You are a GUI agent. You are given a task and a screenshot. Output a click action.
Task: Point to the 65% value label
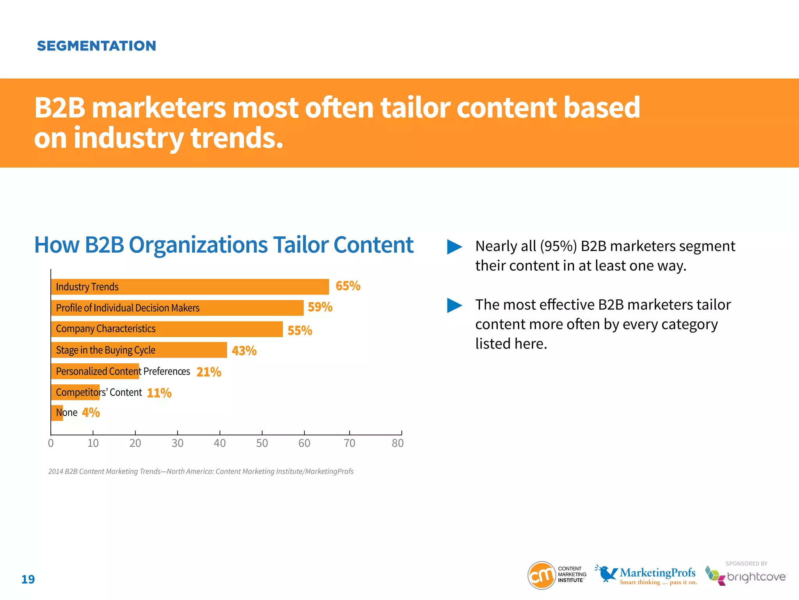tap(348, 286)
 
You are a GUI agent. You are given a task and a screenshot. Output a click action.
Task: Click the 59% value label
tap(320, 307)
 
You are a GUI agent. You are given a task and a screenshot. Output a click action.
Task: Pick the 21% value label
tap(209, 372)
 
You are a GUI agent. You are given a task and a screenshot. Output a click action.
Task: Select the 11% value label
tap(159, 393)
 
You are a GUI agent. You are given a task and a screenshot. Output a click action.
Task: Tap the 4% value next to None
tap(91, 412)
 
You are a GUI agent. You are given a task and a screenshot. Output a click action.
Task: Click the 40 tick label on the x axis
tap(220, 443)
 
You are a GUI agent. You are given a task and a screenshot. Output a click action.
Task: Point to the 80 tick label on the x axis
tap(398, 443)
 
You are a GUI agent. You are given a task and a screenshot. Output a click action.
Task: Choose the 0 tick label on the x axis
tap(51, 443)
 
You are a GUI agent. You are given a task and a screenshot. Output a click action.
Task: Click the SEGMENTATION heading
tap(96, 46)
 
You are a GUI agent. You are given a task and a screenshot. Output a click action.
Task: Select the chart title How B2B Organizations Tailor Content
tap(224, 245)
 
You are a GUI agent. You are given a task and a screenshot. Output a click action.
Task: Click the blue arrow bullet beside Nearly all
tap(454, 247)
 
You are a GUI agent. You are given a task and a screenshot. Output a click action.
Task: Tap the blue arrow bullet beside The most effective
tap(454, 305)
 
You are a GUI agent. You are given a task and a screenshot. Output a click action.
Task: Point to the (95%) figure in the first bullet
tap(558, 246)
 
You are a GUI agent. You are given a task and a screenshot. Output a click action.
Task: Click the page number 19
tap(28, 579)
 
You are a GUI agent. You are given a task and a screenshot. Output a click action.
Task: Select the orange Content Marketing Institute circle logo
tap(542, 575)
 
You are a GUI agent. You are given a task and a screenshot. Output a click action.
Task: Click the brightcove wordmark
tap(756, 577)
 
